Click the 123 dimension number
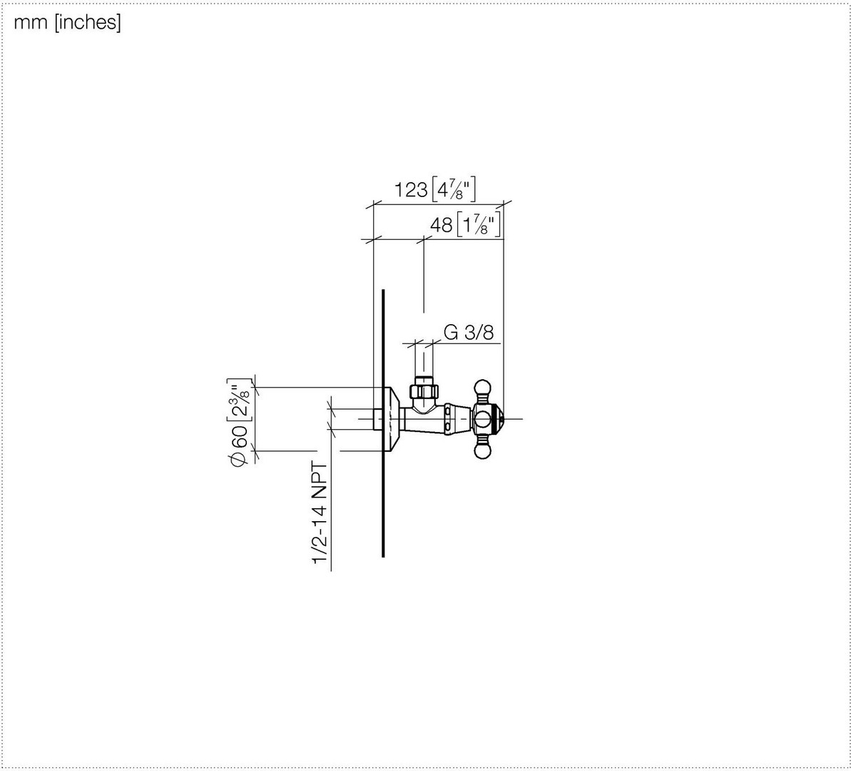click(410, 190)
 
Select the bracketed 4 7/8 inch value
click(454, 189)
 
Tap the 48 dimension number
click(441, 225)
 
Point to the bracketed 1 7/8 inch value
click(478, 224)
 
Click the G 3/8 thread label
click(469, 333)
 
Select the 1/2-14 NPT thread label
click(320, 513)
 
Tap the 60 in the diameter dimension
click(240, 436)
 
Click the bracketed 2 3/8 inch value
click(240, 399)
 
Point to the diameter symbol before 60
click(239, 458)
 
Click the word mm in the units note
click(31, 22)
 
